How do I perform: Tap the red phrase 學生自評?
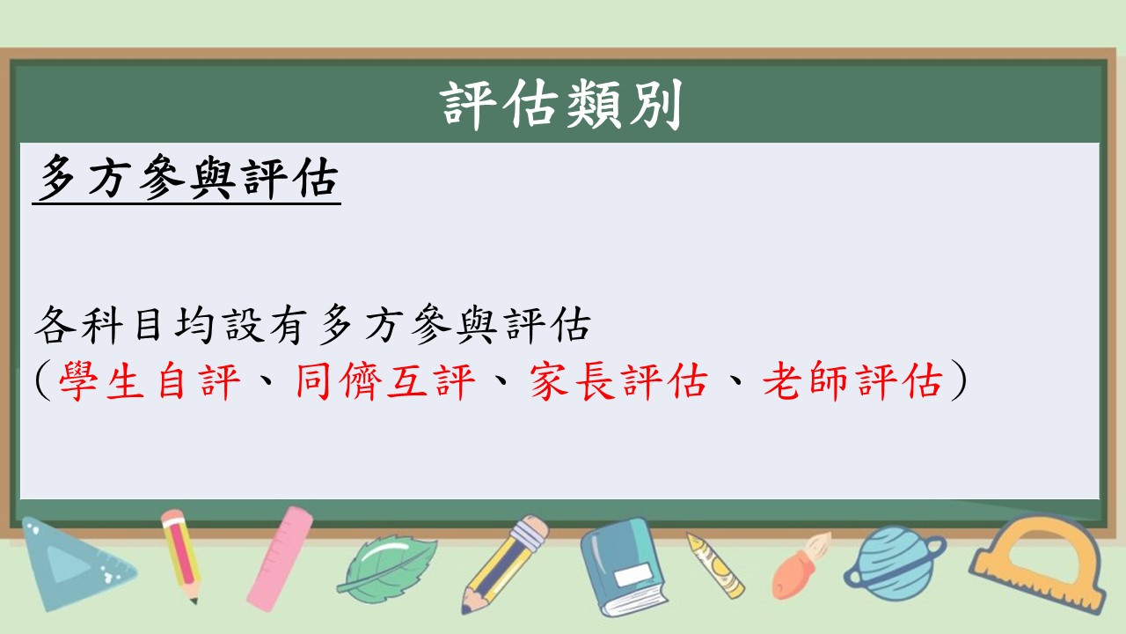pos(150,380)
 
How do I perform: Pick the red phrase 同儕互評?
pos(385,380)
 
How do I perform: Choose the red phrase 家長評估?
pos(618,380)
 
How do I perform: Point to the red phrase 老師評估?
pos(852,380)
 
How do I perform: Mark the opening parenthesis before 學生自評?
pos(43,380)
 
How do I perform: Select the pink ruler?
pos(280,558)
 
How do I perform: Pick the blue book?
pos(624,568)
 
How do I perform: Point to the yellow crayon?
pos(716,565)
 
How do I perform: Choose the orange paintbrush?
pos(801,566)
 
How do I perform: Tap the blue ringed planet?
pos(895,564)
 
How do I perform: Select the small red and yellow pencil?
pos(182,556)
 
